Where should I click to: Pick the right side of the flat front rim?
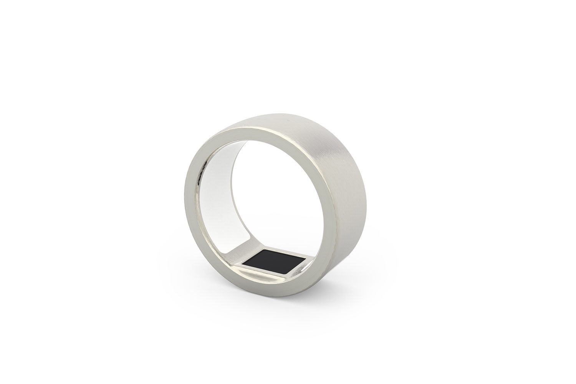[x=330, y=192]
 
